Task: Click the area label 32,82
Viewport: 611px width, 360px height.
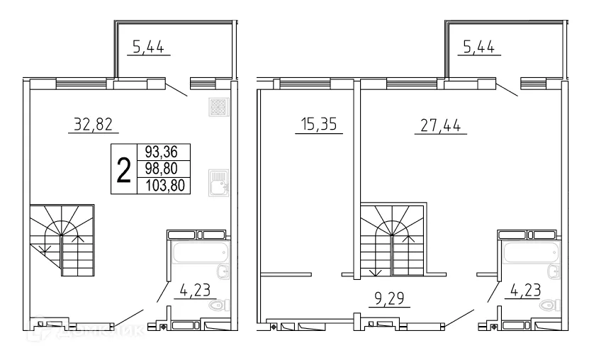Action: [93, 125]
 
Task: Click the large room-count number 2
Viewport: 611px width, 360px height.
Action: [123, 169]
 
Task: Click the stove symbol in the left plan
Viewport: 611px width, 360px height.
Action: [218, 107]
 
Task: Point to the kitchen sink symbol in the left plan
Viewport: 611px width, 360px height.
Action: [218, 182]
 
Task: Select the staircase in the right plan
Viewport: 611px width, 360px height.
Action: [392, 241]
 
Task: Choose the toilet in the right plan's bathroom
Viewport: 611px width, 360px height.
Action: [549, 305]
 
